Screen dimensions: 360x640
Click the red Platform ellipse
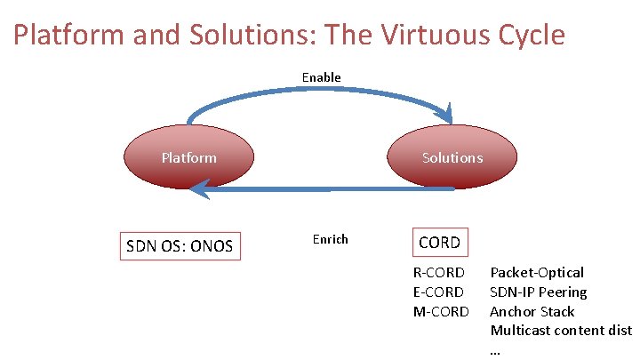pos(188,158)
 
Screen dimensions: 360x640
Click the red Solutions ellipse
pos(452,158)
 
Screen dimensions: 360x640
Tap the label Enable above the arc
pos(321,77)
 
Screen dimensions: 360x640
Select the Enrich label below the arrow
pos(330,239)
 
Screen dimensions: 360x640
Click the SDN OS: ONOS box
pos(180,245)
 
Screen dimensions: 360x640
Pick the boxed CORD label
pos(439,242)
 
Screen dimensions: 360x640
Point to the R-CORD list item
pos(438,272)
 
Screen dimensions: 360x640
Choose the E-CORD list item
pos(438,292)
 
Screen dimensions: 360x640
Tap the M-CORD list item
pos(440,311)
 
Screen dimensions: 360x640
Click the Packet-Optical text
pos(537,272)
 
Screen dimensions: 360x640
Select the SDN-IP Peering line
pos(539,292)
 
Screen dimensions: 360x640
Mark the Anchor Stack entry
pos(532,311)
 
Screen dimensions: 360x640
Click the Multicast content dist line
pos(561,331)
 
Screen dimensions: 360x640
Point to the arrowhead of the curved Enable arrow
pos(448,116)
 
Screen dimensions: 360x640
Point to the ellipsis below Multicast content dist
pos(495,349)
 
